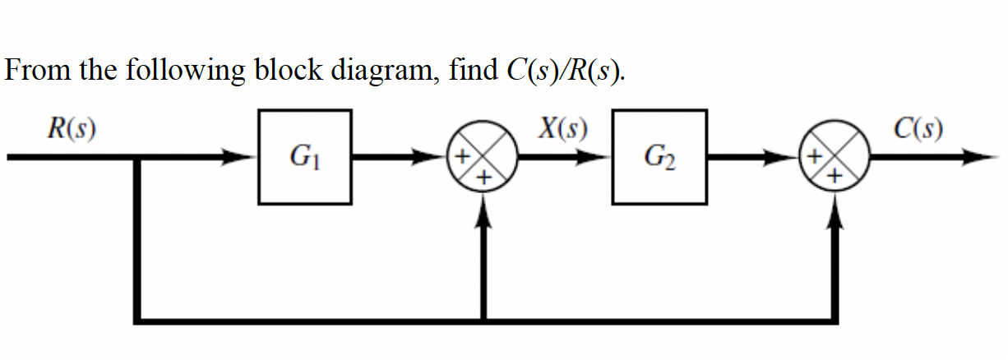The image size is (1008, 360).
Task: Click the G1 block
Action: pos(305,156)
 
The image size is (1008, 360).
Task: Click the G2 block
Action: pos(659,156)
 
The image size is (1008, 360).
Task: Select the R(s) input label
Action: pos(70,129)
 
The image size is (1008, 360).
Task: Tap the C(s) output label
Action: pos(921,129)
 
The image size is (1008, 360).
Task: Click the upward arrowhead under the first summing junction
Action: pos(485,212)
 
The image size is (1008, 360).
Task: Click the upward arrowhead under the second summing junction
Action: pos(837,212)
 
